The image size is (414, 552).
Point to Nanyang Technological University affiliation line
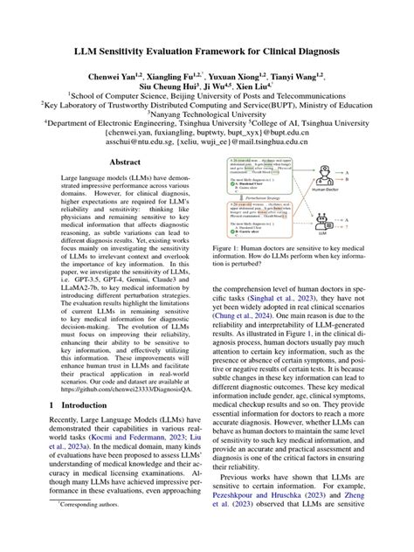point(207,113)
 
